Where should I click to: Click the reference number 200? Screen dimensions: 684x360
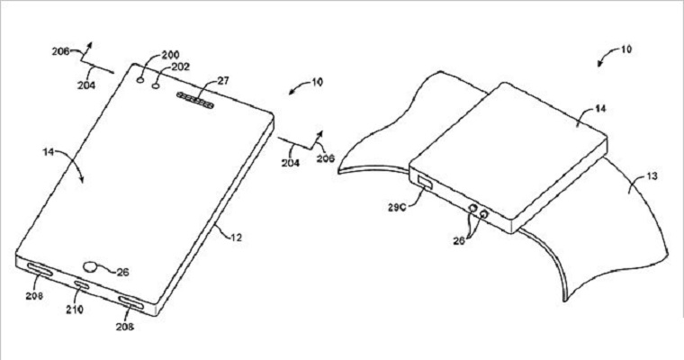(x=170, y=55)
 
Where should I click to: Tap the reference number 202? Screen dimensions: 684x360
(x=181, y=67)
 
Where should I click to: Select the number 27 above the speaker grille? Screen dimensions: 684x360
(x=222, y=81)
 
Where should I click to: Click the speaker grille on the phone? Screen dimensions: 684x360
(x=195, y=100)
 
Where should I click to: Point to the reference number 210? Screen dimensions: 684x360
(x=75, y=310)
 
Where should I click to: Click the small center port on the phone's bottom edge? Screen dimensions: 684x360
(x=82, y=286)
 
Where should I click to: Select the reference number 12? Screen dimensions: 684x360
(x=236, y=238)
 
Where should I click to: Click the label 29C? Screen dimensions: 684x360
(x=396, y=207)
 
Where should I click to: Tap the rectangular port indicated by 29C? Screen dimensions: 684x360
(x=425, y=181)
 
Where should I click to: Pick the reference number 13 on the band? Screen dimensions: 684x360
(x=652, y=176)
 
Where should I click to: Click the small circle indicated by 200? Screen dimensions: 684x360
(x=141, y=80)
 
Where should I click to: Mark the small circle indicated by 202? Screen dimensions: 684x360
(x=157, y=86)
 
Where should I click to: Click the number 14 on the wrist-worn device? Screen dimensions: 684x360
(x=600, y=109)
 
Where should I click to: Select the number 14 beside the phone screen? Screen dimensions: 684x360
(x=49, y=152)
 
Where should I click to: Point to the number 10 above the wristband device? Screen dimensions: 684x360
(x=626, y=49)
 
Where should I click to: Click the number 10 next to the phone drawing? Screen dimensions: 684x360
(x=317, y=82)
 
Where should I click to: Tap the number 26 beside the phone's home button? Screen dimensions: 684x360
(x=123, y=273)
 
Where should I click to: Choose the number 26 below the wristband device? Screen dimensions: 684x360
(x=459, y=240)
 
